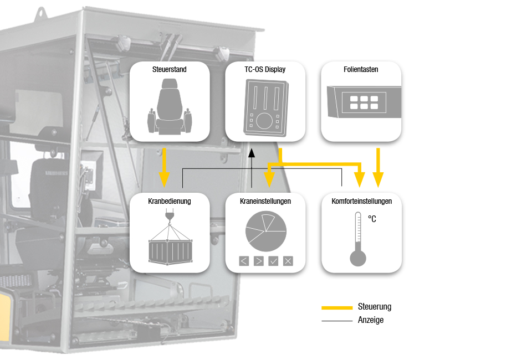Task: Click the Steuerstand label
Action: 169,70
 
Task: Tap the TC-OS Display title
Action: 265,70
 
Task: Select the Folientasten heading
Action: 361,70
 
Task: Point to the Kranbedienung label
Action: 169,201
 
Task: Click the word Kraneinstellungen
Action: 265,201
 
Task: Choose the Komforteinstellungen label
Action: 361,201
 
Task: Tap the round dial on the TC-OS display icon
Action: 265,120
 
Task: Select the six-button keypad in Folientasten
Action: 360,102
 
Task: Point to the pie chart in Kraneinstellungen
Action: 266,231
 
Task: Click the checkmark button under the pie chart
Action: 273,261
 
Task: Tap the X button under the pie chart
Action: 288,261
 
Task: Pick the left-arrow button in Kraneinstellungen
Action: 244,261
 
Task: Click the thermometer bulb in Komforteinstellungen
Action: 358,258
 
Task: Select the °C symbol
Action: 372,219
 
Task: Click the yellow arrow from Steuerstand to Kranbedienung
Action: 163,167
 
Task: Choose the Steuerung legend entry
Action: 375,307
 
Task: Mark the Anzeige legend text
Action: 371,320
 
